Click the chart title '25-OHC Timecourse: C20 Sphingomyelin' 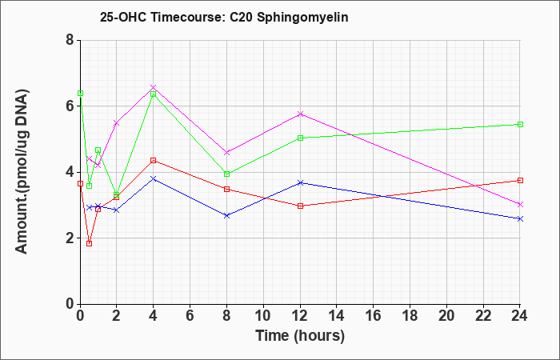point(224,17)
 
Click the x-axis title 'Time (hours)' point(300,336)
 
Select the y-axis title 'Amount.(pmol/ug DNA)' point(22,172)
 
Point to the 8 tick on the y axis point(70,40)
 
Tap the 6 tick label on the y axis point(70,106)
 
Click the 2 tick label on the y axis point(70,238)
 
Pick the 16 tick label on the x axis point(374,316)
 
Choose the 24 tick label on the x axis point(520,316)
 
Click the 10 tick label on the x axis point(263,316)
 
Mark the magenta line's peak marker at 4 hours point(154,87)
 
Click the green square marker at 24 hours point(520,124)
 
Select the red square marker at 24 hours point(520,180)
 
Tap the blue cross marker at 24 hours point(520,218)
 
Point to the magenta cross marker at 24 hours point(520,204)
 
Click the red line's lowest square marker point(90,243)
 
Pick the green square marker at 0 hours point(80,94)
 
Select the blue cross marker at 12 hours point(300,182)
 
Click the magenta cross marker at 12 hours point(300,114)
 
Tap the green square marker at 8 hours point(226,174)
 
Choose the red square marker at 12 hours point(300,206)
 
